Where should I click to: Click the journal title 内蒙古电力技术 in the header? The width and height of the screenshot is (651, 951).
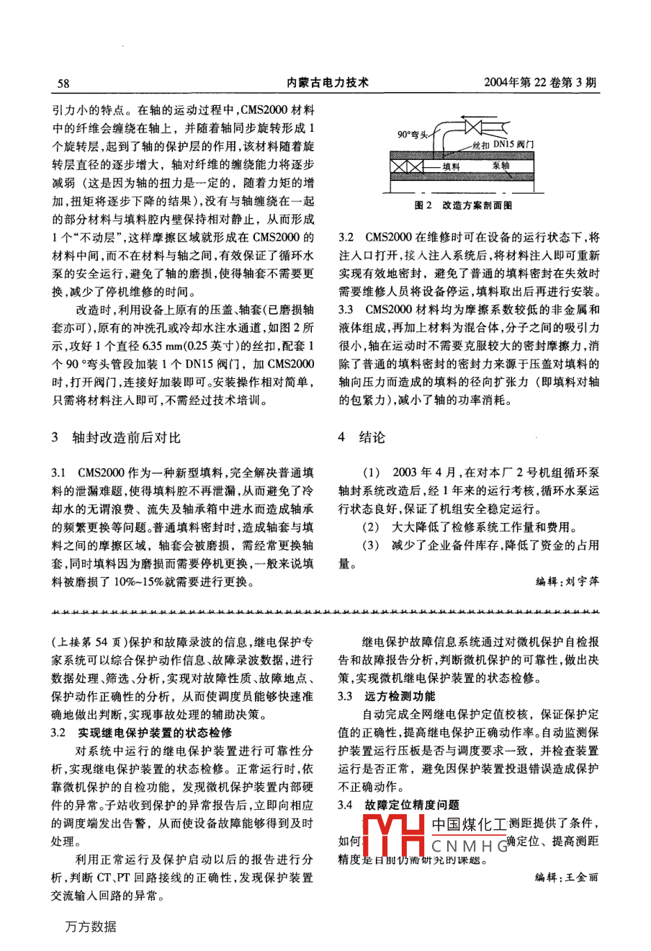328,82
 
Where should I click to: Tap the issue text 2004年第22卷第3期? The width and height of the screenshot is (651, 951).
542,82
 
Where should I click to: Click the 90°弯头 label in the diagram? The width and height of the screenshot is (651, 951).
413,134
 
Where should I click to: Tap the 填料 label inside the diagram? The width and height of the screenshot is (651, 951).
452,165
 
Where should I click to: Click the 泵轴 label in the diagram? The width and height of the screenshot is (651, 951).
501,165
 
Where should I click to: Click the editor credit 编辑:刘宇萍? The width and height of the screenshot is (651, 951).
567,581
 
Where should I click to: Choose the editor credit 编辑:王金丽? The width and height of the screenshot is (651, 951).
567,877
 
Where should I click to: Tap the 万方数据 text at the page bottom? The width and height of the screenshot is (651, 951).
90,927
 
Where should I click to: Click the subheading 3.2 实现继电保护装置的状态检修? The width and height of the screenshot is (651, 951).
141,733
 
